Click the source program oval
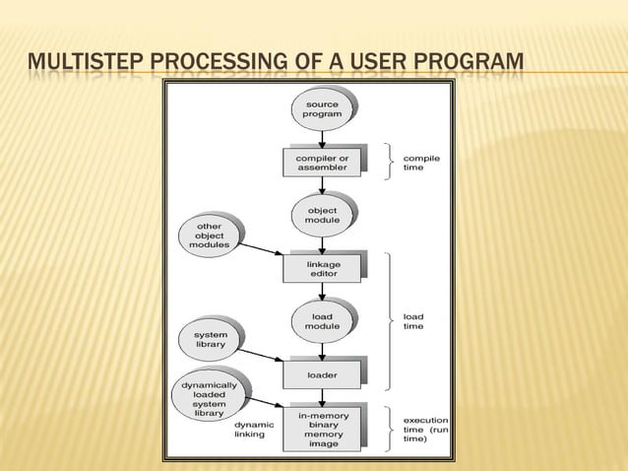click(322, 109)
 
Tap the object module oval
click(322, 215)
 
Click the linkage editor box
click(322, 267)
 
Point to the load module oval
click(322, 320)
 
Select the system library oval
click(209, 339)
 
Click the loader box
click(322, 375)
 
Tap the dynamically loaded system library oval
click(208, 399)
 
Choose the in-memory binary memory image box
click(322, 429)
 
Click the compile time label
click(422, 163)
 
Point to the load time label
click(414, 321)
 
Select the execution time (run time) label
click(426, 429)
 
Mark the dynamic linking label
click(254, 430)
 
